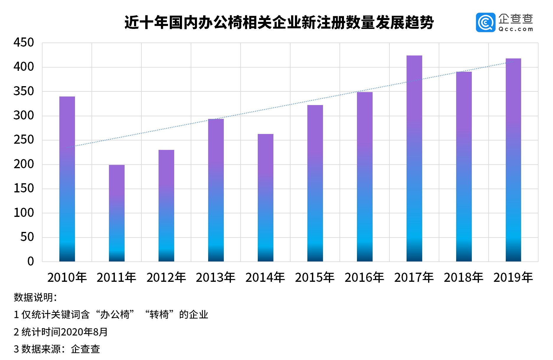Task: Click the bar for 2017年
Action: (414, 158)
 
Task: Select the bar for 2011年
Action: (117, 213)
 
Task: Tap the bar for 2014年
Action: (265, 198)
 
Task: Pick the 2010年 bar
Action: (67, 179)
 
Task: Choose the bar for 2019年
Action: (513, 160)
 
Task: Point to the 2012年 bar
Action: (166, 206)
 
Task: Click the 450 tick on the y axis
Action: (24, 43)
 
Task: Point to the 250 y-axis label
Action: (24, 140)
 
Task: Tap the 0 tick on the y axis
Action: (30, 261)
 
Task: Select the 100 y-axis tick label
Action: (24, 213)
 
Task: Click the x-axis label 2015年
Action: (315, 277)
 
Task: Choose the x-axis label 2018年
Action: (464, 277)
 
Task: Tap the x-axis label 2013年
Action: (216, 277)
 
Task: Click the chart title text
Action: (279, 22)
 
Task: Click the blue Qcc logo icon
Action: (485, 22)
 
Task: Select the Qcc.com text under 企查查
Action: (516, 29)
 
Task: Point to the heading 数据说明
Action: (35, 297)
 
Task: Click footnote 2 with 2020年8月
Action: (61, 332)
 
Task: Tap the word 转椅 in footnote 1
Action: (159, 315)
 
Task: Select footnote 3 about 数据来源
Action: (57, 349)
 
